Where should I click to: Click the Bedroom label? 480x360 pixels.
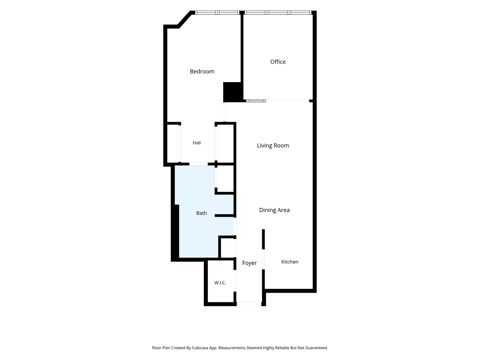pyautogui.click(x=202, y=72)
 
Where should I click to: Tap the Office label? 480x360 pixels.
pyautogui.click(x=278, y=62)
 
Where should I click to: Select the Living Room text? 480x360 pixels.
pyautogui.click(x=273, y=145)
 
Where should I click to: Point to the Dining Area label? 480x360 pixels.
pyautogui.click(x=274, y=210)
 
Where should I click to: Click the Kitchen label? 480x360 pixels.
pyautogui.click(x=290, y=262)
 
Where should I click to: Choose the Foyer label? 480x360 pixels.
pyautogui.click(x=249, y=263)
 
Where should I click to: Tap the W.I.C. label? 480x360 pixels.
pyautogui.click(x=220, y=283)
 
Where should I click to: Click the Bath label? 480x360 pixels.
pyautogui.click(x=201, y=213)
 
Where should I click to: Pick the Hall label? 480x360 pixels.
pyautogui.click(x=196, y=143)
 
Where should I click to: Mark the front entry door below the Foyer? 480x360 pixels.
pyautogui.click(x=249, y=304)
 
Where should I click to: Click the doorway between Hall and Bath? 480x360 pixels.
pyautogui.click(x=198, y=164)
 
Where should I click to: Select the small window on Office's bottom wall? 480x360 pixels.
pyautogui.click(x=256, y=101)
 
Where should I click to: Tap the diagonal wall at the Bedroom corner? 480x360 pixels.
pyautogui.click(x=185, y=19)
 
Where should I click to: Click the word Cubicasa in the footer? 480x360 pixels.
pyautogui.click(x=200, y=348)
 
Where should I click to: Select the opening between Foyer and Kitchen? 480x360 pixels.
pyautogui.click(x=263, y=259)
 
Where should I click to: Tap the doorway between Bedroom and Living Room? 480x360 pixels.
pyautogui.click(x=224, y=112)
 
